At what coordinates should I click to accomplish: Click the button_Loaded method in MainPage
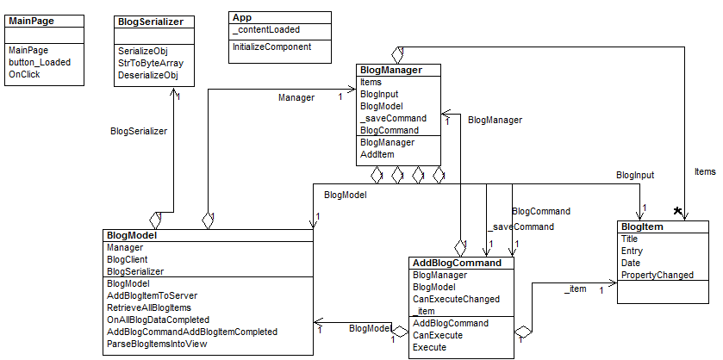pos(40,62)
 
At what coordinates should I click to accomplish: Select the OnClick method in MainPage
pos(24,74)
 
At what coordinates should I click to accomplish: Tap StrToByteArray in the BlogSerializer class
pos(151,63)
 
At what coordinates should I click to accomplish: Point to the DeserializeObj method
pos(147,75)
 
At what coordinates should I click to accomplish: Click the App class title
pos(243,17)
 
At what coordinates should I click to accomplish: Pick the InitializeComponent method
pos(270,46)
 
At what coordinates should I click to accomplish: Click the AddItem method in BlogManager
pos(377,154)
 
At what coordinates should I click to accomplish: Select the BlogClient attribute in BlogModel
pos(127,258)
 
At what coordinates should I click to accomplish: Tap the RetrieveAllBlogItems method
pos(148,307)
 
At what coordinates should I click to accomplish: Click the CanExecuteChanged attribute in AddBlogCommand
pos(456,299)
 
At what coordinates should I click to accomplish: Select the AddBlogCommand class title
pos(457,263)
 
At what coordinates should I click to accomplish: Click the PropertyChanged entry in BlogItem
pos(658,275)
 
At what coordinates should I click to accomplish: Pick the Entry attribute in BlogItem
pos(632,251)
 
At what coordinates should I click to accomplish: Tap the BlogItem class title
pos(641,227)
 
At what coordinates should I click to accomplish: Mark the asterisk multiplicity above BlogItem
pos(679,211)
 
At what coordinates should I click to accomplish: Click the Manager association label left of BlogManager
pos(296,98)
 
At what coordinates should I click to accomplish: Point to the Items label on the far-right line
pos(705,172)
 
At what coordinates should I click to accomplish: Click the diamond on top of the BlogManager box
pos(398,53)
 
